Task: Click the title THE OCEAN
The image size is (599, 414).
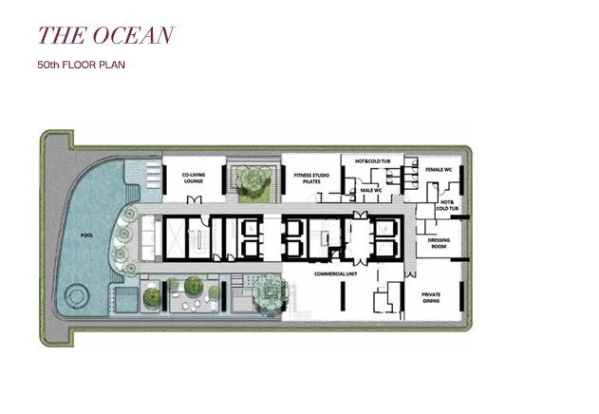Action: pyautogui.click(x=105, y=35)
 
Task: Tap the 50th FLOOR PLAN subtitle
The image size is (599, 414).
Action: pyautogui.click(x=81, y=65)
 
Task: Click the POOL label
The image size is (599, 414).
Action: pyautogui.click(x=86, y=235)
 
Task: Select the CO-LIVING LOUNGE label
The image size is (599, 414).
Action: pyautogui.click(x=194, y=178)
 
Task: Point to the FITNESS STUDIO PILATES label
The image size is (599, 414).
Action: pyautogui.click(x=311, y=179)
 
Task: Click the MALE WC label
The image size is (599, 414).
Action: pyautogui.click(x=371, y=190)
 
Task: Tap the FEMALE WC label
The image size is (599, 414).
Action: pyautogui.click(x=439, y=169)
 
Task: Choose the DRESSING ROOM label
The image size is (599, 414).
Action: pyautogui.click(x=439, y=243)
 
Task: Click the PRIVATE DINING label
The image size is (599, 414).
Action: pyautogui.click(x=431, y=297)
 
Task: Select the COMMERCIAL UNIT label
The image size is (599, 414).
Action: pyautogui.click(x=335, y=273)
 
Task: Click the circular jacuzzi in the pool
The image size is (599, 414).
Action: pyautogui.click(x=76, y=296)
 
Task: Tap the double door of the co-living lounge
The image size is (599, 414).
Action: pyautogui.click(x=194, y=199)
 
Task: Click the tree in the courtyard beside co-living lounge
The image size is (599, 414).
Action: pyautogui.click(x=252, y=179)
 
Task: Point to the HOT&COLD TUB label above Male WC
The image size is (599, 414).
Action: pyautogui.click(x=372, y=161)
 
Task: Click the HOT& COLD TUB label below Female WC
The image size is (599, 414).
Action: pyautogui.click(x=447, y=205)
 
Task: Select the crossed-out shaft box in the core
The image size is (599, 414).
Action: pyautogui.click(x=175, y=238)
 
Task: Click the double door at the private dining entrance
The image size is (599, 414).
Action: pyautogui.click(x=411, y=273)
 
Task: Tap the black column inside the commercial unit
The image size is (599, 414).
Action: pyautogui.click(x=343, y=296)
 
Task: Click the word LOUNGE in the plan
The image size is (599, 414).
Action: pyautogui.click(x=194, y=180)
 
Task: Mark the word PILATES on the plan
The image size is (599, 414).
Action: pyautogui.click(x=311, y=181)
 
